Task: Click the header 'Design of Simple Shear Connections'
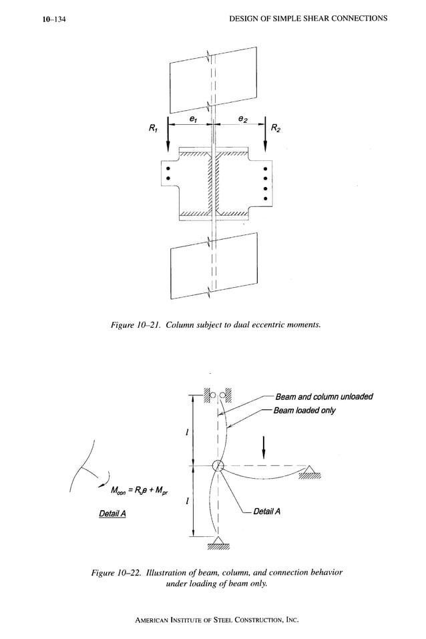[x=307, y=18]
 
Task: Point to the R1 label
[x=153, y=128]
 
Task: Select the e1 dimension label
[x=192, y=118]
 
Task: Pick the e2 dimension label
[x=243, y=118]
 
